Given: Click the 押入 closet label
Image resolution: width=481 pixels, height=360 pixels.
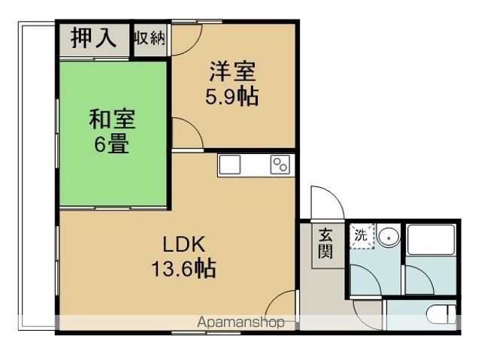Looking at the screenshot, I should [x=94, y=40].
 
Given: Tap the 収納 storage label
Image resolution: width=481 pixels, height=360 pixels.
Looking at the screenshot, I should [x=150, y=38].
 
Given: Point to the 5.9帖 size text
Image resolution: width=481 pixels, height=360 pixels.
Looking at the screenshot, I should [x=232, y=97].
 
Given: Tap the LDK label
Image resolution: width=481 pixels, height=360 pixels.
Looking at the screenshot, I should [x=180, y=244].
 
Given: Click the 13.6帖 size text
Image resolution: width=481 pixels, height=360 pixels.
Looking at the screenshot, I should [x=180, y=268].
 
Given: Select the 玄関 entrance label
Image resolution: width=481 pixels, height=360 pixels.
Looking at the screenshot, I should [x=325, y=243].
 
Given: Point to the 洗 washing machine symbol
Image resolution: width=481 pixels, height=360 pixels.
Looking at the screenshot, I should [x=362, y=234].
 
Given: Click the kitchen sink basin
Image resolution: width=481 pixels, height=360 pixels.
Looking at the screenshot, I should [x=230, y=165].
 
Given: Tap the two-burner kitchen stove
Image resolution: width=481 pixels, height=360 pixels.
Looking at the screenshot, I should [x=280, y=165].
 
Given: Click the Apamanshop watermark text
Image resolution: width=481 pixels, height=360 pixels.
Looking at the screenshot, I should [x=240, y=322].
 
